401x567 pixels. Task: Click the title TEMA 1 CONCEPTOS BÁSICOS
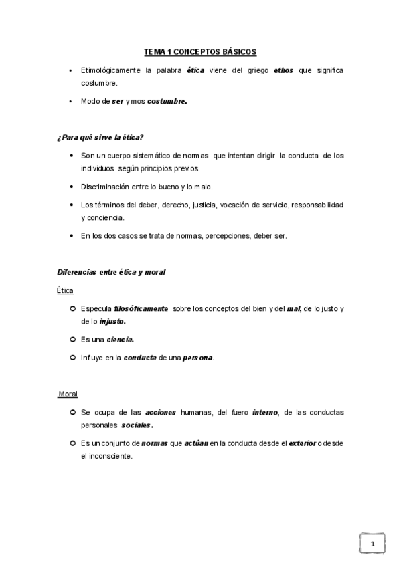coord(200,51)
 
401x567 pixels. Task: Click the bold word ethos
coord(284,70)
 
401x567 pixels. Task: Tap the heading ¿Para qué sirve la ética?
coord(100,137)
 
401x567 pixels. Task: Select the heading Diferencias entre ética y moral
coord(111,272)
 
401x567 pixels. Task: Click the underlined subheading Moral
coord(68,394)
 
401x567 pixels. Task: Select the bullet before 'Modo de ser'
coord(70,102)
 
